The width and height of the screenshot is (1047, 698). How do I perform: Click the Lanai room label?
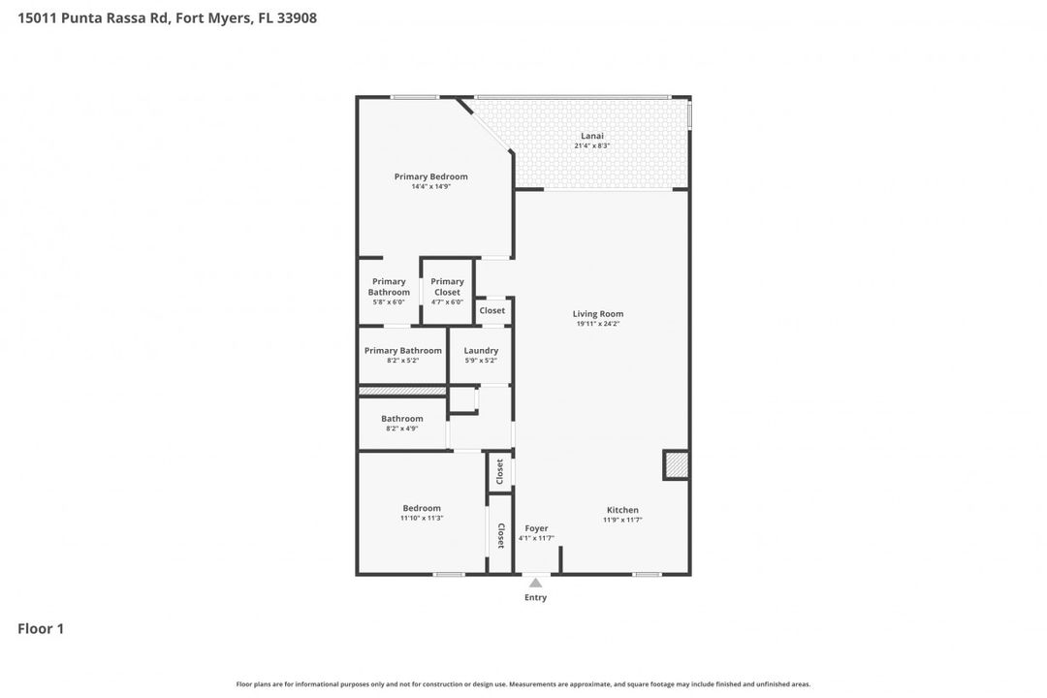click(x=591, y=136)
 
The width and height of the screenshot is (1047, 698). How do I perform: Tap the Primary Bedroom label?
click(x=430, y=176)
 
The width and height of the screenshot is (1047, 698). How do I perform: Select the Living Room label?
click(x=597, y=314)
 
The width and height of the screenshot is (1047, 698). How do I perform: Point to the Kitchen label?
click(x=622, y=510)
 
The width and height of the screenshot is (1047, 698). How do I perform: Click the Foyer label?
click(x=536, y=528)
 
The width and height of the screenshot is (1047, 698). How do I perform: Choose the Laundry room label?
click(x=481, y=351)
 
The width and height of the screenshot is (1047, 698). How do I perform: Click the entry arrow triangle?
click(x=535, y=583)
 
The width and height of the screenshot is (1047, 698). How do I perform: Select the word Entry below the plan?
click(x=535, y=597)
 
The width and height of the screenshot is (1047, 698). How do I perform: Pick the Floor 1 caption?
click(x=41, y=629)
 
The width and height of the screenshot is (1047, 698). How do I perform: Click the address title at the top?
click(x=167, y=17)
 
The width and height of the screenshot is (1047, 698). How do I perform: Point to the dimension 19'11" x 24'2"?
click(x=597, y=324)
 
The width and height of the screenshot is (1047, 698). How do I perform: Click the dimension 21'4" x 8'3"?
click(x=591, y=146)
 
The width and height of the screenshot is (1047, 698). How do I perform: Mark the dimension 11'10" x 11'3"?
click(x=422, y=519)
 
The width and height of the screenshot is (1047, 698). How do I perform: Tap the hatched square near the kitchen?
click(x=676, y=465)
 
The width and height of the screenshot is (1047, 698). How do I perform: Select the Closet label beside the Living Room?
click(x=492, y=311)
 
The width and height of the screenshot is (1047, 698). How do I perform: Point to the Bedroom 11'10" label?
click(x=422, y=508)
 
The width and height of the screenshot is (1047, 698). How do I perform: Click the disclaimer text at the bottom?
click(x=523, y=684)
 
